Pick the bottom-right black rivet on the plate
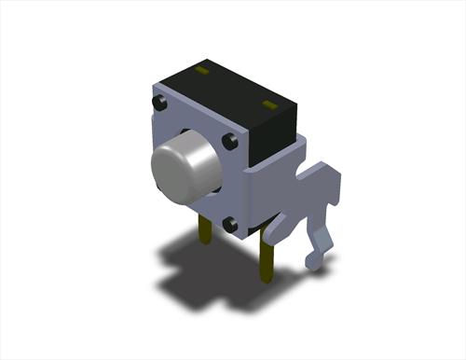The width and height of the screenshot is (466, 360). [230, 222]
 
